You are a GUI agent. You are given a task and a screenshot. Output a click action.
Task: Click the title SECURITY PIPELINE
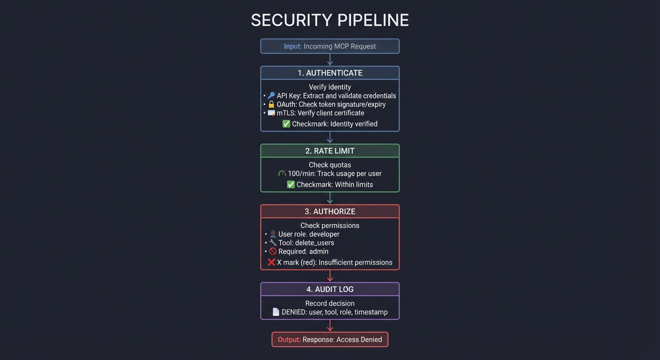330,20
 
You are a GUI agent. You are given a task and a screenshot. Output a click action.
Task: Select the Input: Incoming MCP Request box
330,46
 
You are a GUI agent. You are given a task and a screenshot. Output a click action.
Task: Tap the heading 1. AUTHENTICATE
330,73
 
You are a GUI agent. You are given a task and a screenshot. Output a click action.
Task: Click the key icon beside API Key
271,96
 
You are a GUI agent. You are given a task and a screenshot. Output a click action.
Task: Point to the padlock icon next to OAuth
271,105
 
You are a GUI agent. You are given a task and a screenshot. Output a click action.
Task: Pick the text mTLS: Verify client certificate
320,113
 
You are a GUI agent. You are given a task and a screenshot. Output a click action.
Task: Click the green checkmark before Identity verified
286,124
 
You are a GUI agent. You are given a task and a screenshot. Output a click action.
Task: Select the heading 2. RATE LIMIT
330,151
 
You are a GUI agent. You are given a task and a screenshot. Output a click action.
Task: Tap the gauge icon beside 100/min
282,173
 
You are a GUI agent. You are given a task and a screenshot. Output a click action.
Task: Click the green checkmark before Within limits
291,185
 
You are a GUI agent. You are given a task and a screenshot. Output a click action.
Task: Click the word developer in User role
324,234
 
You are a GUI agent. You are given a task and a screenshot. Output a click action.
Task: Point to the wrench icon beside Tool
273,243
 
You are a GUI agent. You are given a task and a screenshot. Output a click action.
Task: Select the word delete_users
315,243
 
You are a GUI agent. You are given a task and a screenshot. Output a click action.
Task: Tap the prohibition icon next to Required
273,252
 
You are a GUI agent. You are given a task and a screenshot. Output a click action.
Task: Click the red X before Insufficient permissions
271,262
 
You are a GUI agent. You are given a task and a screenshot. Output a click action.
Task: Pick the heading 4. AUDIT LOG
330,290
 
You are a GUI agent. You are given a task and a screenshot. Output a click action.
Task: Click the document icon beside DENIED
276,312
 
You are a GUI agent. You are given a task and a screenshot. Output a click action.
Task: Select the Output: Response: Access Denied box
330,340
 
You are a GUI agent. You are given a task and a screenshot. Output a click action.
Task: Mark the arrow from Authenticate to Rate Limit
330,137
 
